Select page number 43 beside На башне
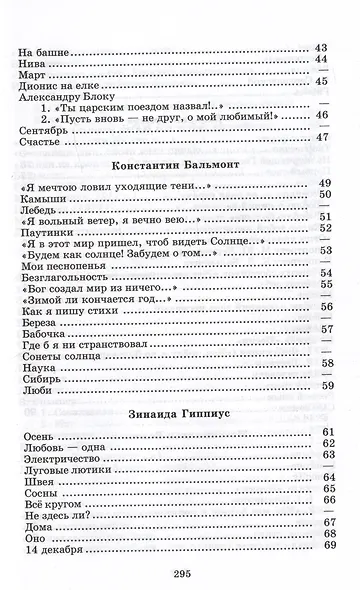click(322, 47)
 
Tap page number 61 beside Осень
click(326, 432)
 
